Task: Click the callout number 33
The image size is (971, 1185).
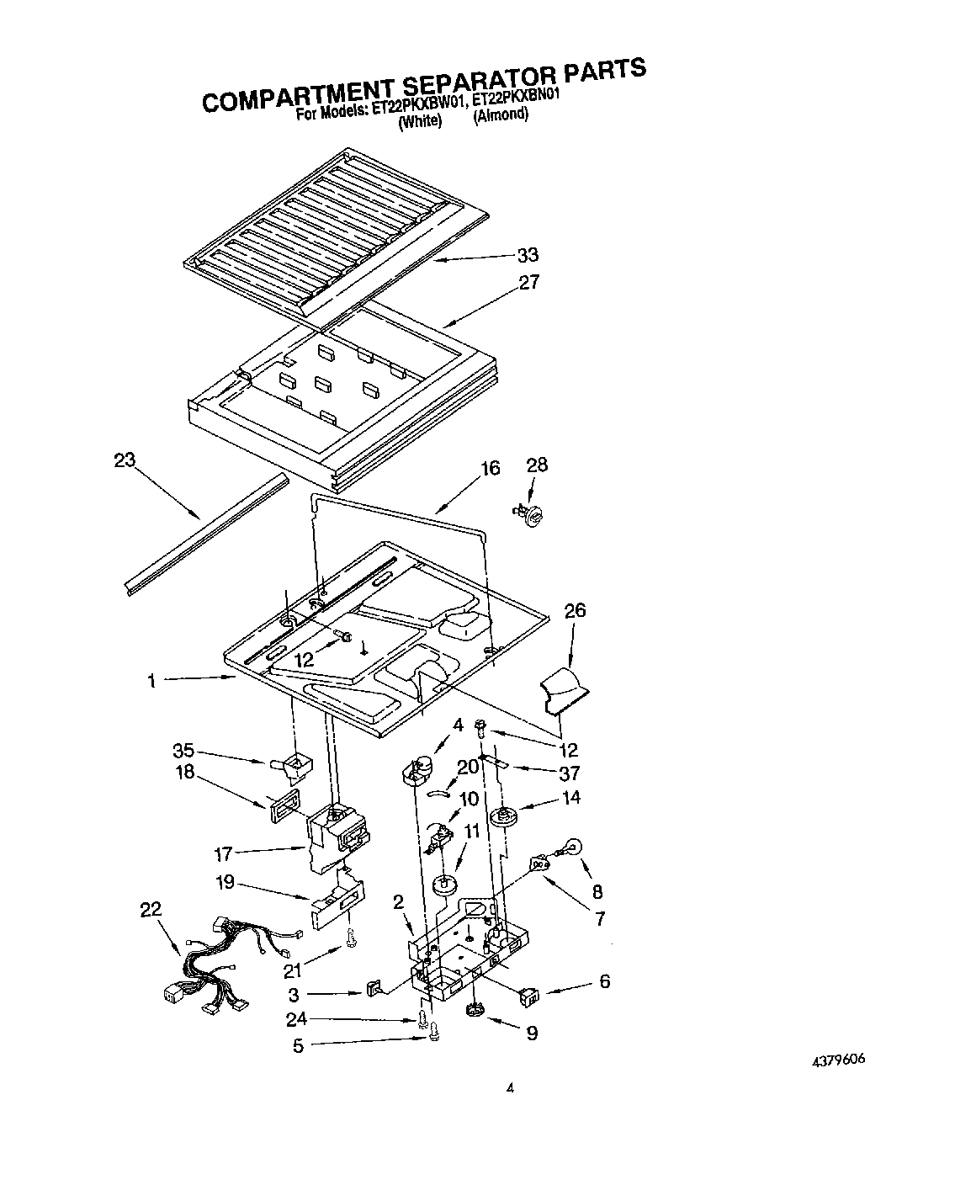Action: pyautogui.click(x=528, y=254)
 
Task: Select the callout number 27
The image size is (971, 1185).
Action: pyautogui.click(x=528, y=282)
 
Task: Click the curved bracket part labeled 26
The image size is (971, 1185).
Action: pyautogui.click(x=562, y=687)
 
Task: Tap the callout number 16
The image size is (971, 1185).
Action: pyautogui.click(x=490, y=468)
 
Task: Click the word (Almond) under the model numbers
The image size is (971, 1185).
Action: pyautogui.click(x=501, y=115)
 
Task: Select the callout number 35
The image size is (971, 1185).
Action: pyautogui.click(x=183, y=751)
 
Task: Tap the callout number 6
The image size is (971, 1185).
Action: pyautogui.click(x=604, y=981)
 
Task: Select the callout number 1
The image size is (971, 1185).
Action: pyautogui.click(x=151, y=682)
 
